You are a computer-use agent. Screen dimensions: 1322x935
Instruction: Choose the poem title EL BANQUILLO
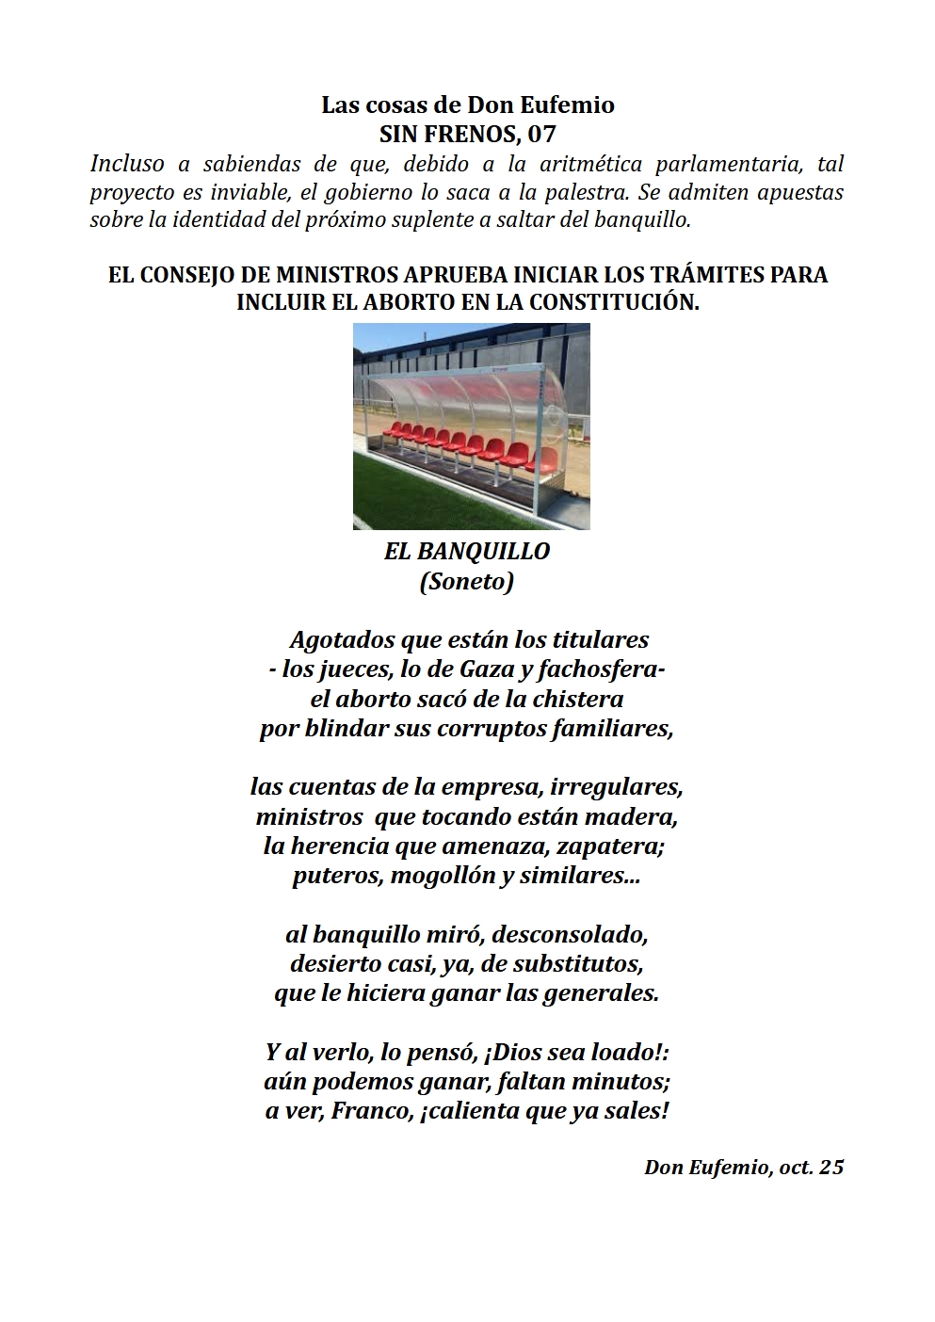coord(467,551)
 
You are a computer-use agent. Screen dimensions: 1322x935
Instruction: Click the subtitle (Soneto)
coord(467,581)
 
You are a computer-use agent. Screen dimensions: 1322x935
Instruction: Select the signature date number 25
coord(831,1168)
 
